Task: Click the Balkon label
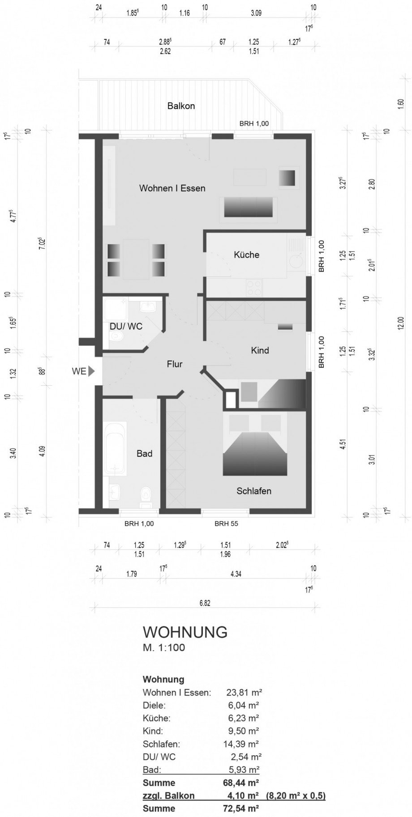181,106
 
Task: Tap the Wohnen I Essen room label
172,188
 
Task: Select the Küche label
246,255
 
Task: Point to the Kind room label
260,350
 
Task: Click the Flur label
174,364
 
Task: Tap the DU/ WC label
126,326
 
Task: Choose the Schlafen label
253,491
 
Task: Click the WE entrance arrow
91,371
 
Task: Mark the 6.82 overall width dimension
205,603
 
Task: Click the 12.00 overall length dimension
400,323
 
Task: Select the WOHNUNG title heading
185,632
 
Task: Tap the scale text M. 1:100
163,647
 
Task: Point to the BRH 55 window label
226,523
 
